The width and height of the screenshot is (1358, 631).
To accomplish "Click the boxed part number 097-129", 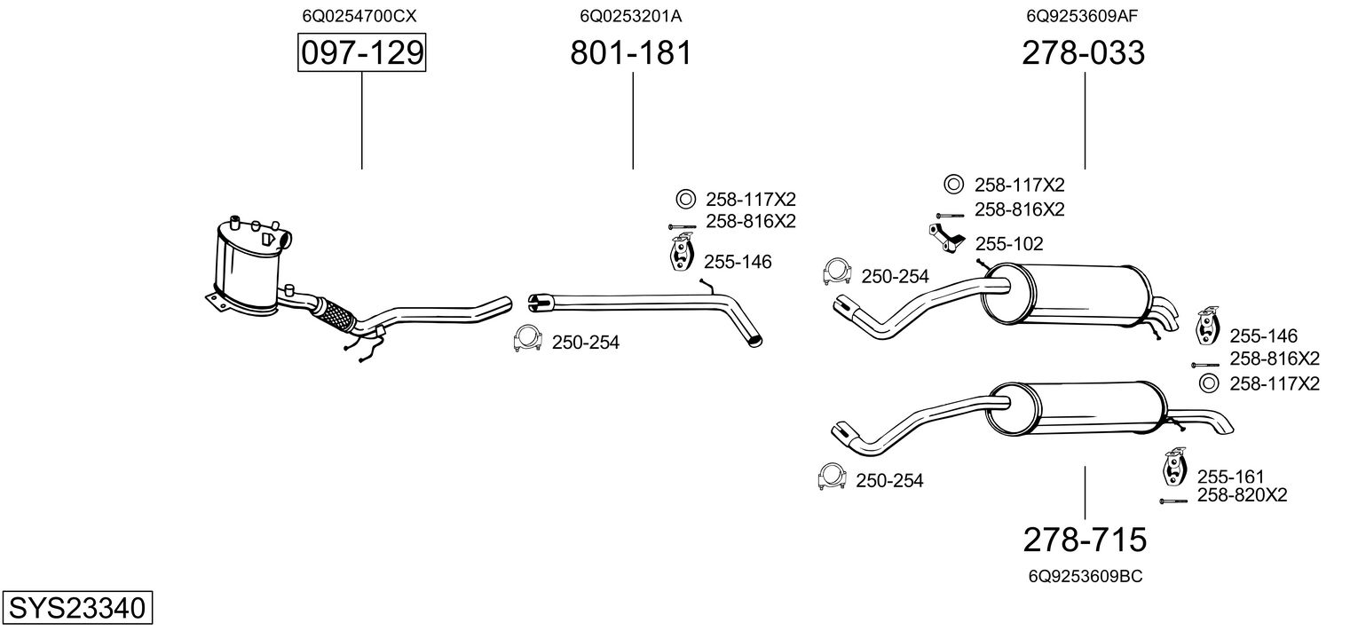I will (361, 53).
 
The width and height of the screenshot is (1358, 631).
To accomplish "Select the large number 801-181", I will (630, 53).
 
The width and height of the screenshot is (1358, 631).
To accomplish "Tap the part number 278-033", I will (1083, 53).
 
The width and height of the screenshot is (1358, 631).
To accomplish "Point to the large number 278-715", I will (1085, 539).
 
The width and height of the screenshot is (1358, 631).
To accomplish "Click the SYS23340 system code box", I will (76, 609).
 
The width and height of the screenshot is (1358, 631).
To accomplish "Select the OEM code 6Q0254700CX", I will (359, 16).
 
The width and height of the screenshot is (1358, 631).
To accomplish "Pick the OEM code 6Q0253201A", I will (630, 16).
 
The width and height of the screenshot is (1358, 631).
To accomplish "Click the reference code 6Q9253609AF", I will (1083, 16).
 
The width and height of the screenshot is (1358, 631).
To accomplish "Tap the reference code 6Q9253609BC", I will (1085, 576).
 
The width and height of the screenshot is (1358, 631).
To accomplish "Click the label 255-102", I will (1009, 244).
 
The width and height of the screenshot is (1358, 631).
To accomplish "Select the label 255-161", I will (1230, 477).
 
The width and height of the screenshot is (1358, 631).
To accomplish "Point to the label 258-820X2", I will (1242, 495).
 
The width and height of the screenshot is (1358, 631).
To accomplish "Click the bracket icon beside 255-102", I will (948, 239).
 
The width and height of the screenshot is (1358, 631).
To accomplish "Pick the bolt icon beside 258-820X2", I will (1172, 501).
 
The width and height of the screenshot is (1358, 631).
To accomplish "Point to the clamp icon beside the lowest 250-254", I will (831, 477).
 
